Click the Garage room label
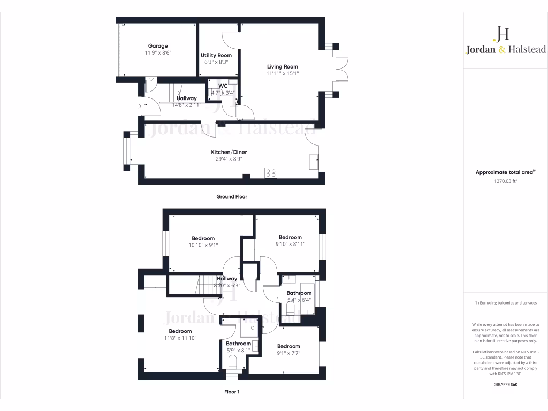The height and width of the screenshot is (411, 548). coord(158,46)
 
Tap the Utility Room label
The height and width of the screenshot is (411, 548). coord(216,55)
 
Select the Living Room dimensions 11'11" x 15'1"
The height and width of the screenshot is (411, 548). coord(283,74)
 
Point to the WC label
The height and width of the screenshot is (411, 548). coord(223,86)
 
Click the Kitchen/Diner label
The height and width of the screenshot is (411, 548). coord(229,152)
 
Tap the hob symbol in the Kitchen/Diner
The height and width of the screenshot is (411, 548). coord(271,172)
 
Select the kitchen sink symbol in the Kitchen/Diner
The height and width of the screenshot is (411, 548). coord(314,161)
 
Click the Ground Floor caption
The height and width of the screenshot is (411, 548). coord(231,196)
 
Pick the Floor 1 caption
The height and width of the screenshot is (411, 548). coord(232,392)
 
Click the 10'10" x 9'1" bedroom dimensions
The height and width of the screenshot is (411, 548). coord(203,245)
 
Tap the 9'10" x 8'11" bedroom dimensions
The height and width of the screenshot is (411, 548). coord(290,244)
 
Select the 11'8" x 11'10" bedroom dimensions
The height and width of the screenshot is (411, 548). coord(180,338)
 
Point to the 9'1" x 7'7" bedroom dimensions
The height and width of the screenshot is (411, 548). coord(288,353)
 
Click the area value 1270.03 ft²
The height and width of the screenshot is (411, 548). coord(505,181)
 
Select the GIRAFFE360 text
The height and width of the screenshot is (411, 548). coord(505,384)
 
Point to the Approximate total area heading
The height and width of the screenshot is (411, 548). coord(505,172)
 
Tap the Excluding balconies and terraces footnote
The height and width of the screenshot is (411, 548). coord(505,303)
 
